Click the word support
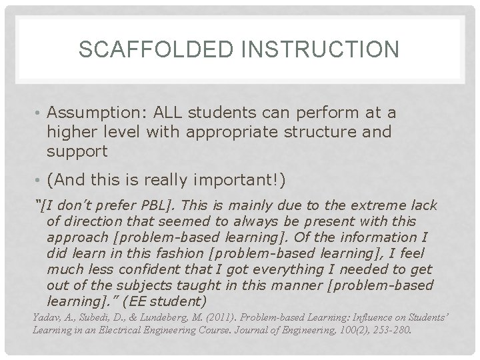click(77, 151)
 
